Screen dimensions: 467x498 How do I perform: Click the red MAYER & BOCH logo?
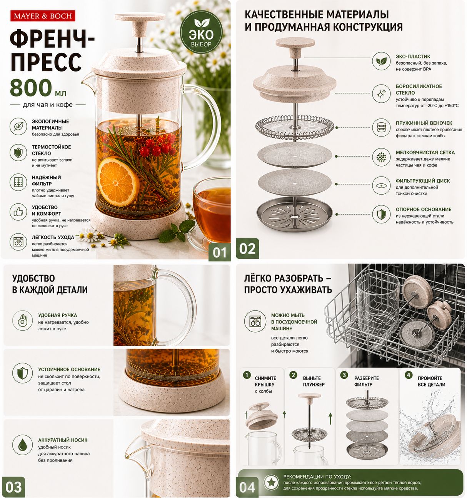click(43, 16)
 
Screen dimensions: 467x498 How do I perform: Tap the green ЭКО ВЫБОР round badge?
click(201, 32)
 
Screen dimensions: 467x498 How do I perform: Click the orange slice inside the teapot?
click(118, 182)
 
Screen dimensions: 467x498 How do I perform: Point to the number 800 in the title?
click(31, 88)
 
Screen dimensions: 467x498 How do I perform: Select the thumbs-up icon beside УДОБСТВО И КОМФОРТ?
click(18, 212)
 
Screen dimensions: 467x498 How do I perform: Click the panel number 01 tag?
click(219, 252)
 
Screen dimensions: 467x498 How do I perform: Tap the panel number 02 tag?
click(247, 249)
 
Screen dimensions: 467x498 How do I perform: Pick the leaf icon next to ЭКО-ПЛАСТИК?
click(381, 61)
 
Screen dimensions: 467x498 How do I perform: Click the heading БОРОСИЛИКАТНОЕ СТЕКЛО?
click(419, 90)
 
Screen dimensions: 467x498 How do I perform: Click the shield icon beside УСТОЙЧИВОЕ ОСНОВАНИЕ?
click(22, 373)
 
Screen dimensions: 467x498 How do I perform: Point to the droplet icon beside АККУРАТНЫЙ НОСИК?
click(22, 445)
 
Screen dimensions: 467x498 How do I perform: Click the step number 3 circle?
click(344, 375)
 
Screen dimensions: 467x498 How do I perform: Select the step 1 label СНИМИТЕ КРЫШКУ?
click(265, 381)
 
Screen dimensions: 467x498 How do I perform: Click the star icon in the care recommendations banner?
click(271, 482)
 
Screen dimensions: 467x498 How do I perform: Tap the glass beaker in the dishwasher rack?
click(378, 306)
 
